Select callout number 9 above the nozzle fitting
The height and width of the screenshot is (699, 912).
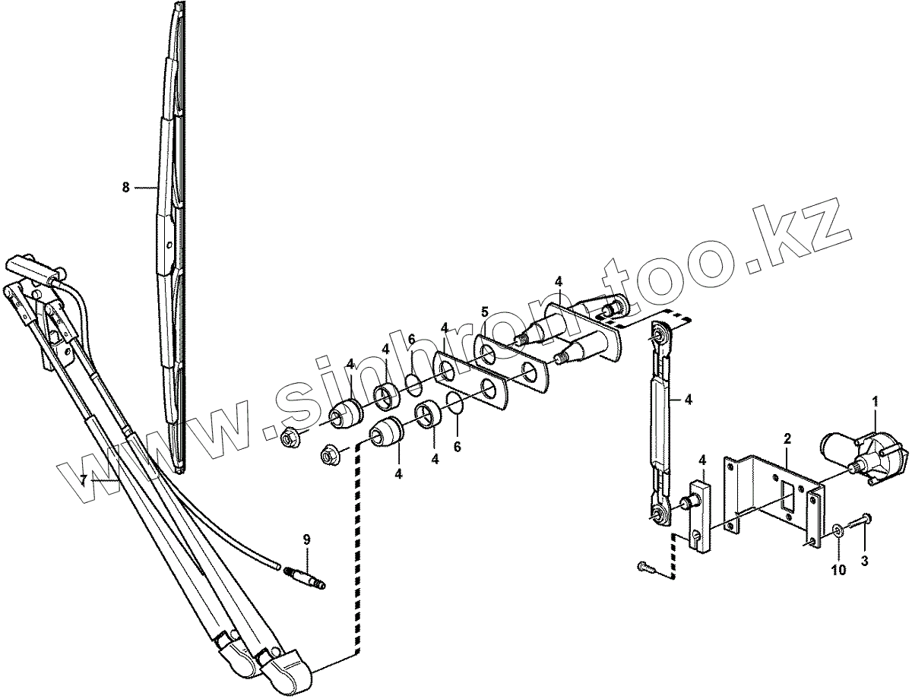pyautogui.click(x=307, y=539)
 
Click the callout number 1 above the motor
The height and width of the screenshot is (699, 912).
pyautogui.click(x=875, y=400)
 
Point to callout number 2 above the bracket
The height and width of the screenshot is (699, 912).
pyautogui.click(x=787, y=438)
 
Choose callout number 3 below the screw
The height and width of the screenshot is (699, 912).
pyautogui.click(x=864, y=561)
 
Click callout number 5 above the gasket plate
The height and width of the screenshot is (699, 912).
pyautogui.click(x=483, y=312)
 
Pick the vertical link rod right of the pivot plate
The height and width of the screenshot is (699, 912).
pyautogui.click(x=660, y=422)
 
